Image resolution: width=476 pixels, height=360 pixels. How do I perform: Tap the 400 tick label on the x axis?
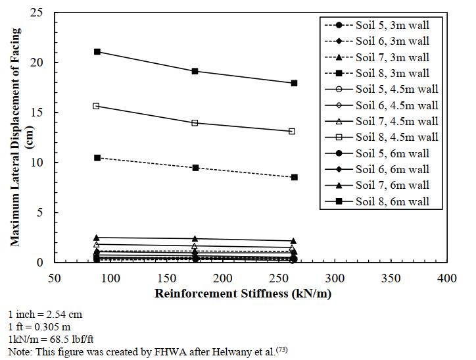pos(447,278)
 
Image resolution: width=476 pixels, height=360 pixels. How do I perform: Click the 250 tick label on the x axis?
pos(279,278)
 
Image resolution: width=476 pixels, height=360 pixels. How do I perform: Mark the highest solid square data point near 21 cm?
pos(97,51)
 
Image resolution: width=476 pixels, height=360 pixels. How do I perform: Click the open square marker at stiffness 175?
pos(195,123)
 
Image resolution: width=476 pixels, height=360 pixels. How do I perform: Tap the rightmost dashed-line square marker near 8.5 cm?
pos(294,177)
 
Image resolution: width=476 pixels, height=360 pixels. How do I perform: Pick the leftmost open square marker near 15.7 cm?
pos(97,106)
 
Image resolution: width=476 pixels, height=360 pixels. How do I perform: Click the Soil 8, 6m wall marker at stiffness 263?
pos(294,83)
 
